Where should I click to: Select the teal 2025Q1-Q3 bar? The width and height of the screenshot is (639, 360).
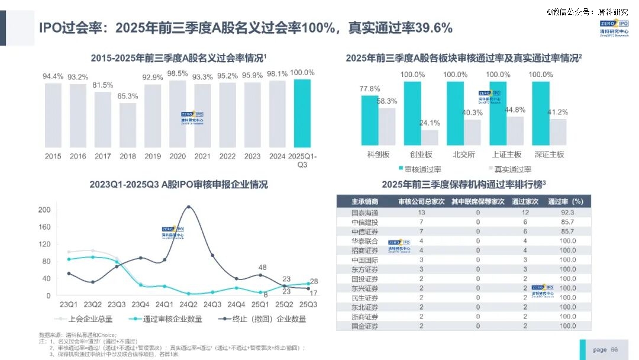[x=302, y=113]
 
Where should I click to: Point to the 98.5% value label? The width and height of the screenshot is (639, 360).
[x=177, y=73]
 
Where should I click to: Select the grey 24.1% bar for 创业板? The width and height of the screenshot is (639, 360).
[x=430, y=137]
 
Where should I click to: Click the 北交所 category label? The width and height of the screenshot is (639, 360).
[x=464, y=155]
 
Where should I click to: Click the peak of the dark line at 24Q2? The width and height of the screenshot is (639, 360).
[x=188, y=207]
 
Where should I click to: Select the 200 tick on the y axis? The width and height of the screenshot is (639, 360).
[x=44, y=210]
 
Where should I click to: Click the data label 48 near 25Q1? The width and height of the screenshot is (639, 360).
[x=262, y=267]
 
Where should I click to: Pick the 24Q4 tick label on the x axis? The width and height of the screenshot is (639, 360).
[x=237, y=304]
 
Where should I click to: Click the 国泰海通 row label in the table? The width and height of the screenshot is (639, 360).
[x=364, y=213]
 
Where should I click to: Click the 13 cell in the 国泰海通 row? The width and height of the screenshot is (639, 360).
[x=421, y=213]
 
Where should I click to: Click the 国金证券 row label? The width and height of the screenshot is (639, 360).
[x=364, y=326]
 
